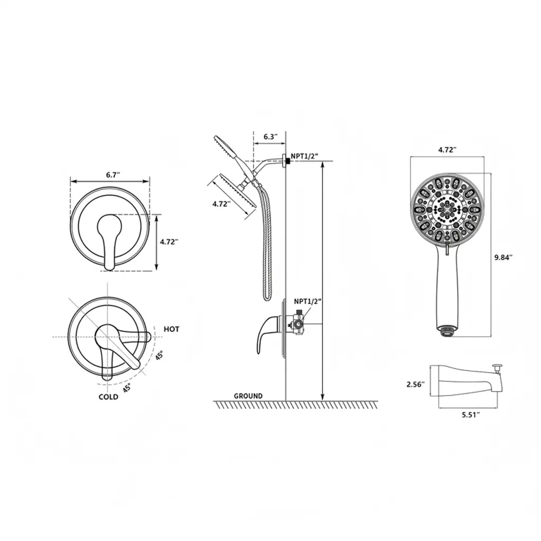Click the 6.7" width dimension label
(x=113, y=175)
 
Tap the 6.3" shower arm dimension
(x=270, y=137)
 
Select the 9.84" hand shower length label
(x=503, y=257)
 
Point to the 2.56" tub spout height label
(x=415, y=384)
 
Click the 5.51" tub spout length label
(x=471, y=415)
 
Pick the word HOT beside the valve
(x=172, y=329)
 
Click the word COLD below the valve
(x=108, y=397)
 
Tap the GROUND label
(x=248, y=396)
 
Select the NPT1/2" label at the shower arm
(x=304, y=156)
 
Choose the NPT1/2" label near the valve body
(x=308, y=301)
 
